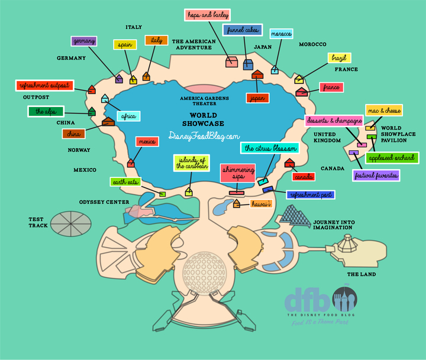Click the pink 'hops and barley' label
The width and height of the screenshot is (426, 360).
click(208, 15)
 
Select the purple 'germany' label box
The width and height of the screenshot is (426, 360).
click(83, 41)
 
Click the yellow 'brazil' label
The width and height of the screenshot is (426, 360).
click(340, 58)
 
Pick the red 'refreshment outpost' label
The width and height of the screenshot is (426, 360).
click(43, 86)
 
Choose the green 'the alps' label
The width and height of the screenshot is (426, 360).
click(46, 111)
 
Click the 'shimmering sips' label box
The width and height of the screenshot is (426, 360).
click(238, 173)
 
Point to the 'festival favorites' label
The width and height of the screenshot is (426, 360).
click(376, 175)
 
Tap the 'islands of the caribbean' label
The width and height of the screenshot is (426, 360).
click(192, 163)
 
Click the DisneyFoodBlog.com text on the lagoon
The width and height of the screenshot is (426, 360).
click(204, 136)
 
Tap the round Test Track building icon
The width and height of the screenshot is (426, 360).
click(71, 222)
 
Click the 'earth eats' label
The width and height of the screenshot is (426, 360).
click(125, 182)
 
